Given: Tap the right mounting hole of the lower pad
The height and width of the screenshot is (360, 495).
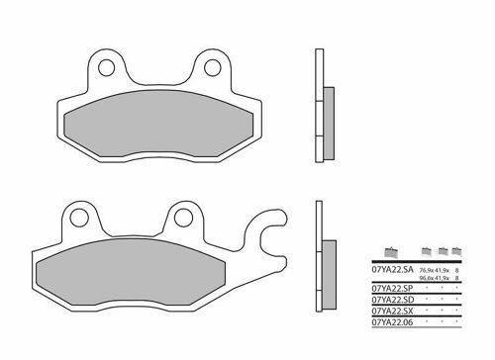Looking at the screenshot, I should click(x=182, y=219).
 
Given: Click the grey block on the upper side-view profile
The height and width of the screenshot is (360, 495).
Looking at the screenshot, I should click(x=327, y=109).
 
